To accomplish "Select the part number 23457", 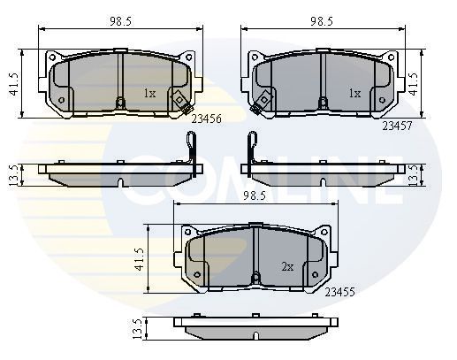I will (398, 126).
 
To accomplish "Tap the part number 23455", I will (340, 290).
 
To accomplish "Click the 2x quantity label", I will (287, 265).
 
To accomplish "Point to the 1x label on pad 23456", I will (150, 92).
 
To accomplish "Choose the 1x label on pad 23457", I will (354, 92).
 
